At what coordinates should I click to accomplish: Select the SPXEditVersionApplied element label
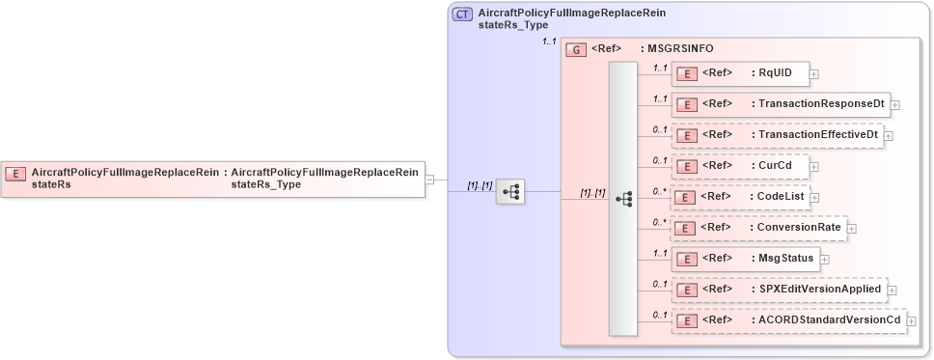coord(819,289)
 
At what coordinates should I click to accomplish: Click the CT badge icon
coord(462,14)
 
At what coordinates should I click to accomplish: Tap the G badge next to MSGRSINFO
coord(576,49)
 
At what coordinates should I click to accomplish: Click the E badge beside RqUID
coord(688,73)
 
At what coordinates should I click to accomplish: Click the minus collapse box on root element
coord(430,179)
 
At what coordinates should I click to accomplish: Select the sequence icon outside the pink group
coord(509,192)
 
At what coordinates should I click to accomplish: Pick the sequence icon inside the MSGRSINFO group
coord(623,198)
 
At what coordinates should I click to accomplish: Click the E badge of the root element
coord(16,174)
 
